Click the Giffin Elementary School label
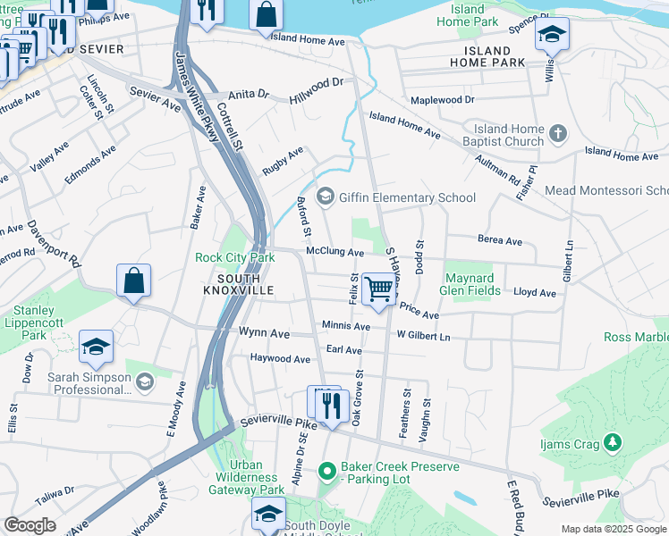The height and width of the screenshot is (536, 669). pyautogui.click(x=407, y=197)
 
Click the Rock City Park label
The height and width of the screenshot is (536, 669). pyautogui.click(x=235, y=258)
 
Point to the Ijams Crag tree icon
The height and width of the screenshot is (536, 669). pyautogui.click(x=612, y=441)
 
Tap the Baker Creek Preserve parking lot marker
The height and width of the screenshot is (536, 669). pyautogui.click(x=327, y=469)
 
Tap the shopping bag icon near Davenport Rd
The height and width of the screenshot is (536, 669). pyautogui.click(x=133, y=281)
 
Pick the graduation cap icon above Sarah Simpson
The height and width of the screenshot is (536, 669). pyautogui.click(x=96, y=348)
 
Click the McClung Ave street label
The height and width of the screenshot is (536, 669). pyautogui.click(x=334, y=253)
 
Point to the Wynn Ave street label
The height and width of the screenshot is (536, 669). pyautogui.click(x=264, y=333)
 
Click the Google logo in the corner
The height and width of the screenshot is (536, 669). pyautogui.click(x=30, y=525)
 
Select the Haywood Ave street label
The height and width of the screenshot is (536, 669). pyautogui.click(x=280, y=358)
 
